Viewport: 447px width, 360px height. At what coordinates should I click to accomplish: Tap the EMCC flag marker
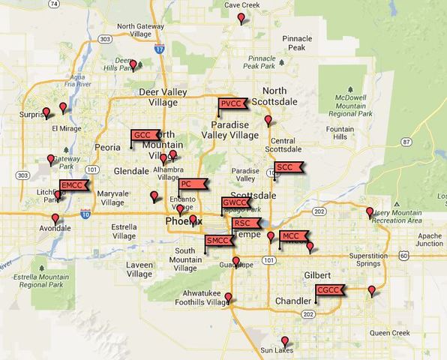coord(73,184)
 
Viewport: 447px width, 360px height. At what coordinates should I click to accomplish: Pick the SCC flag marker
coord(286,167)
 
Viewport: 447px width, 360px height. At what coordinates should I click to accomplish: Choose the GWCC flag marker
coord(235,202)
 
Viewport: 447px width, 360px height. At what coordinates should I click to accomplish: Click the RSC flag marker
coord(244,223)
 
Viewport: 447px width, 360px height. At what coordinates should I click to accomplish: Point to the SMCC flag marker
coord(218,241)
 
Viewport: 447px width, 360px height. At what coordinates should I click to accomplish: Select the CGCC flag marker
coord(328,289)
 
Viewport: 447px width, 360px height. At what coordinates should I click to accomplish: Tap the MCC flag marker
coord(292,236)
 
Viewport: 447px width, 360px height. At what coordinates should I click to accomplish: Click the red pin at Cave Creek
coord(241,17)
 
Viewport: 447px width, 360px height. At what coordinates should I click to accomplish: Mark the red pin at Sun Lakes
coord(284,342)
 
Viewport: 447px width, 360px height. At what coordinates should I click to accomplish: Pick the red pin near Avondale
coord(55,218)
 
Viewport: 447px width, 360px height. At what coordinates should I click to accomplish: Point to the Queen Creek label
coord(390,332)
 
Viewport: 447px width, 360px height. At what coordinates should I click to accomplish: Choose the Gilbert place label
coord(318,275)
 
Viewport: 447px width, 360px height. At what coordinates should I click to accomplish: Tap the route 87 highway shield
coord(406,141)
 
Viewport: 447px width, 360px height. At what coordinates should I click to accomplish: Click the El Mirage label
coord(67,128)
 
